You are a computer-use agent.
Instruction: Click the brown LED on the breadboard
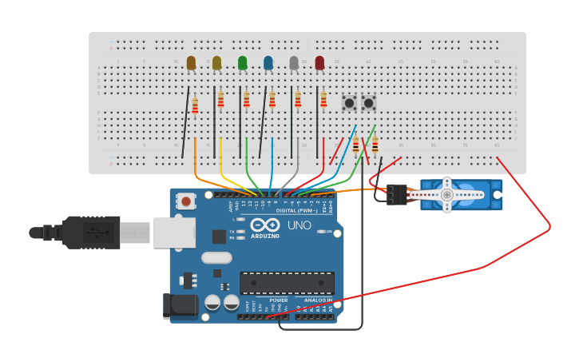[x=191, y=62]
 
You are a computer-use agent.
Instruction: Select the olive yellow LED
[x=216, y=62]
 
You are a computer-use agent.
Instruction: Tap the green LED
[x=243, y=62]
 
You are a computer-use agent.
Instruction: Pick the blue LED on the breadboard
[x=268, y=62]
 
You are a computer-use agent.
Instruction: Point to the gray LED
[x=294, y=62]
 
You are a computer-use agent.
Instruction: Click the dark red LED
[x=319, y=62]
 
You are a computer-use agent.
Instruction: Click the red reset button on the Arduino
[x=186, y=201]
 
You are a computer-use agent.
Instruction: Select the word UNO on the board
[x=299, y=225]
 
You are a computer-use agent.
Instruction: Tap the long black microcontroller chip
[x=287, y=283]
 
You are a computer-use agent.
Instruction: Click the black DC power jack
[x=180, y=306]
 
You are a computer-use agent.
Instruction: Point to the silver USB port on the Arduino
[x=174, y=232]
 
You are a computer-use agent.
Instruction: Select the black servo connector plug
[x=397, y=194]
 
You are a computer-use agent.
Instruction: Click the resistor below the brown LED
[x=195, y=105]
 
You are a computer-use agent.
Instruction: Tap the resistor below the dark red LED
[x=323, y=99]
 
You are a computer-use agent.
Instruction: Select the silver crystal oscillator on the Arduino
[x=216, y=257]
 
